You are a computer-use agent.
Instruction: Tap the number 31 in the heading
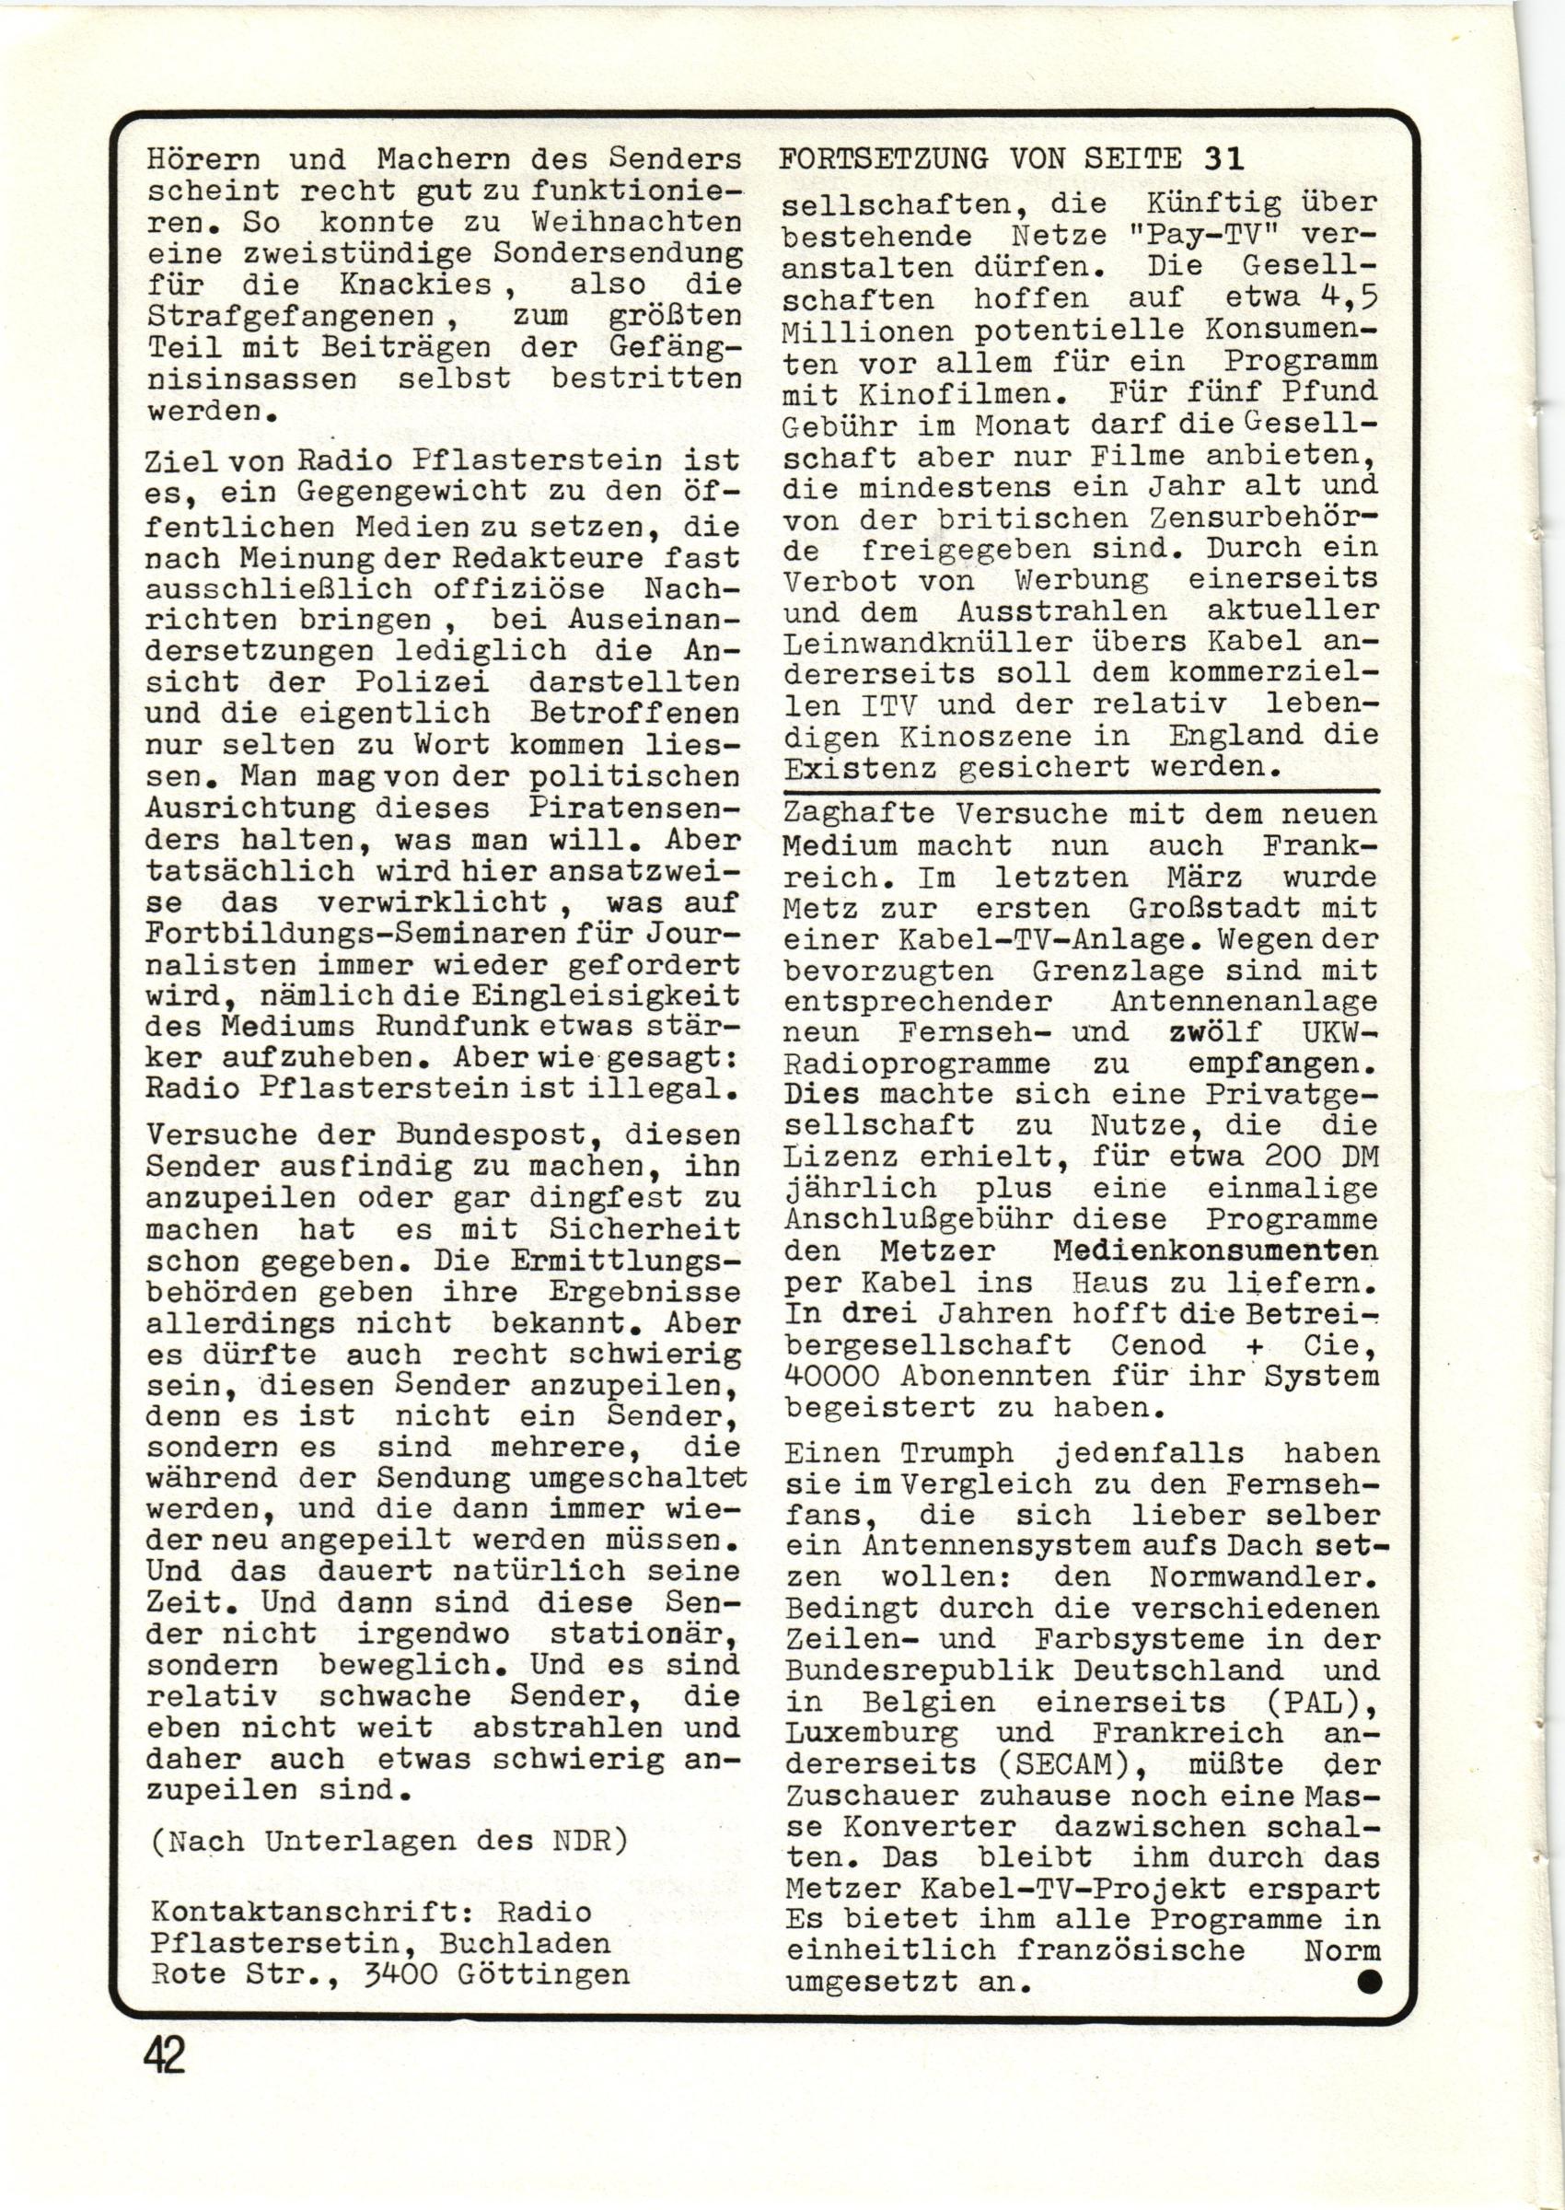coord(1223,158)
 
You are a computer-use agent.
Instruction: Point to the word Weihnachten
coord(637,222)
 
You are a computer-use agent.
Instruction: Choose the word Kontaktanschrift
coord(307,1912)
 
